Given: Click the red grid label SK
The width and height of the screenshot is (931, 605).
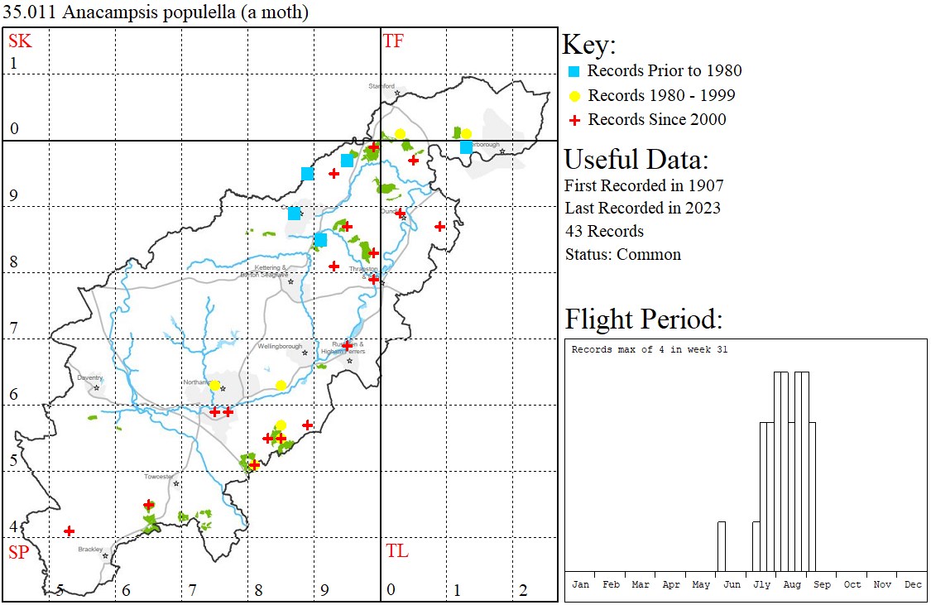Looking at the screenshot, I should tap(20, 41).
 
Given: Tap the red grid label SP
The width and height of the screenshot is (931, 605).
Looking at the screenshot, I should tap(20, 551).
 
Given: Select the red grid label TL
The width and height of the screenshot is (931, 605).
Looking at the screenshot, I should tap(396, 551).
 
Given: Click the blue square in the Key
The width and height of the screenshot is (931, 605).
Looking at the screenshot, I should tap(573, 71).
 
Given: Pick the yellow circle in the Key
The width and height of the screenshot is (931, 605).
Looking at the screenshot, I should tap(573, 95).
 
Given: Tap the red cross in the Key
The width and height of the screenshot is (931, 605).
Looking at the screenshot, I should tap(573, 120).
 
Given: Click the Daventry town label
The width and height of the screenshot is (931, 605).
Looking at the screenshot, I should tap(89, 377).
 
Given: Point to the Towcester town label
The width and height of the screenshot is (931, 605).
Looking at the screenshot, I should tap(159, 477).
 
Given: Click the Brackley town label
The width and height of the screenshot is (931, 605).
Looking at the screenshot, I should tap(90, 549).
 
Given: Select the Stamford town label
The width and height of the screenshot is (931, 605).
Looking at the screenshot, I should tap(382, 85).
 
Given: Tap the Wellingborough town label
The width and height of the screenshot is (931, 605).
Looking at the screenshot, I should tap(280, 346).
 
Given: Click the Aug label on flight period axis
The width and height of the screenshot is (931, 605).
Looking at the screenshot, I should tap(792, 584).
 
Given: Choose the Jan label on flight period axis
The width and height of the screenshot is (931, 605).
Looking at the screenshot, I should tap(581, 584).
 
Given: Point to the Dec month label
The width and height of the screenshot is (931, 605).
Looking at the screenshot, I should tap(913, 584).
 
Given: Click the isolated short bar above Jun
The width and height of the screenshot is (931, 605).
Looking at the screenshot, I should tap(721, 546).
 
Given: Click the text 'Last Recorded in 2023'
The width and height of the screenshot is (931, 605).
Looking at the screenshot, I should tap(642, 208).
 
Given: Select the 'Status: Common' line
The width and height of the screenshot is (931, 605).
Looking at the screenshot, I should tap(622, 254).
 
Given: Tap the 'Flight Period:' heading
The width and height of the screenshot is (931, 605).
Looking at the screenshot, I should tap(643, 319).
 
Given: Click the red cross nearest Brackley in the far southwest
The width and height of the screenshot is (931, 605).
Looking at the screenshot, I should tap(70, 531).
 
